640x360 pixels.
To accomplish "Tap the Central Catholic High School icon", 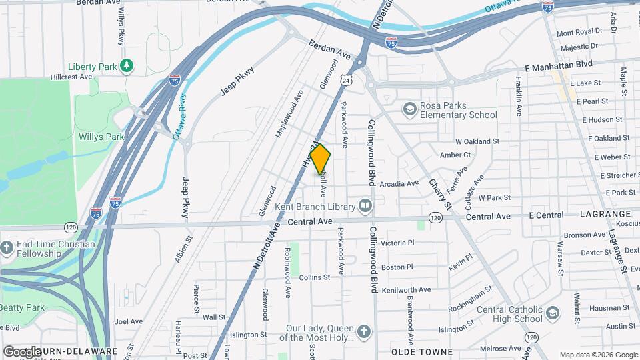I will pyautogui.click(x=552, y=313).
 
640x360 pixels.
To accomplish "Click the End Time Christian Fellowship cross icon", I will pyautogui.click(x=7, y=248).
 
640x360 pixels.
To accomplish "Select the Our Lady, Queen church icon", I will pyautogui.click(x=363, y=331).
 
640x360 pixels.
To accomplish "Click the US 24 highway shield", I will pyautogui.click(x=345, y=80).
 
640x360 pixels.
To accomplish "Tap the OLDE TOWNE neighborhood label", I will pyautogui.click(x=421, y=351).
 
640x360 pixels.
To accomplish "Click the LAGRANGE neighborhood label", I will pyautogui.click(x=605, y=214).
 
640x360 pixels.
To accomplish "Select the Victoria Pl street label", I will pyautogui.click(x=397, y=243).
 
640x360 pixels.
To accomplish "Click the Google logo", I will pyautogui.click(x=22, y=351).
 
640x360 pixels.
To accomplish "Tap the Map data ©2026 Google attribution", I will pyautogui.click(x=598, y=355).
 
